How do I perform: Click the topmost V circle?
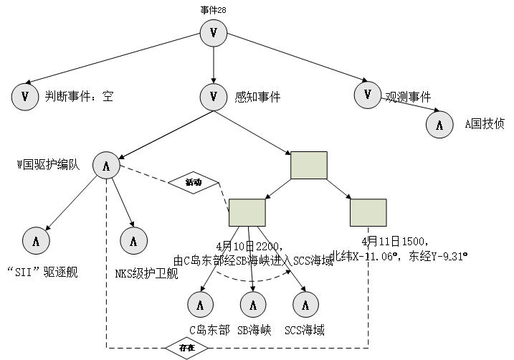point(213,33)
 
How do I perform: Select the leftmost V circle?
point(25,97)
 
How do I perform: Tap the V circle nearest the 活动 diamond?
point(213,97)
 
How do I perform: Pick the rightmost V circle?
point(368,95)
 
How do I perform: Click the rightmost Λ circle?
point(439,125)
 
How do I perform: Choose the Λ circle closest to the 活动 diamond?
point(106,166)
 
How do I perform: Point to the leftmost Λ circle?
point(36,241)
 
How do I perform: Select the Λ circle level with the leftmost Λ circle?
point(133,241)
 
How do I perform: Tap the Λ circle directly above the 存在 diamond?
point(200,305)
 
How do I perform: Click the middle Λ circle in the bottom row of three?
point(252,305)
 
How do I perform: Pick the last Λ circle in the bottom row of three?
point(305,305)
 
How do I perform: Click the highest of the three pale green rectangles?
point(309,165)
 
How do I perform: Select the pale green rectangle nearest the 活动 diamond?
point(247,212)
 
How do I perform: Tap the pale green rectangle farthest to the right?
point(368,212)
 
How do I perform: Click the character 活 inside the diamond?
point(189,183)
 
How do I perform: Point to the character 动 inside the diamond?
point(197,183)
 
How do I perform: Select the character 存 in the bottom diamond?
point(183,348)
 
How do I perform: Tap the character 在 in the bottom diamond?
point(191,348)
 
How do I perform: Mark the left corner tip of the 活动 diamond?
point(170,183)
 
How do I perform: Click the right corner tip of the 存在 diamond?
point(206,348)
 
